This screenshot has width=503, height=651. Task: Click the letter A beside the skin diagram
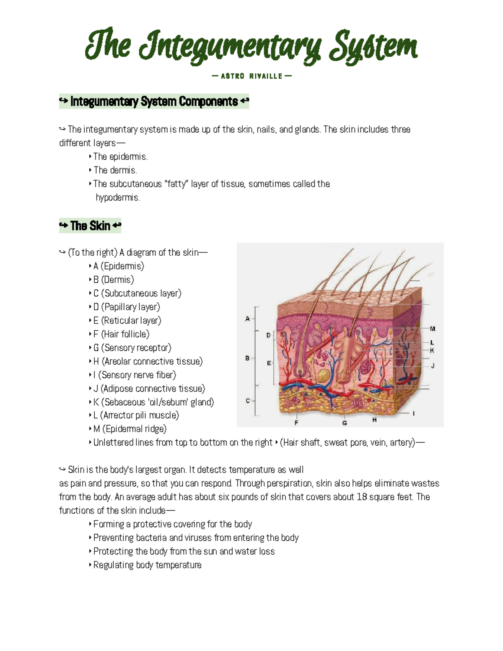point(247,319)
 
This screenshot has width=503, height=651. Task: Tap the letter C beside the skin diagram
point(248,401)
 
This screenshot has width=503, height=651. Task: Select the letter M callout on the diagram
point(433,329)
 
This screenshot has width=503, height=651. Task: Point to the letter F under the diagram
point(296,423)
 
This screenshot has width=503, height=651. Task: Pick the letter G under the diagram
point(345,423)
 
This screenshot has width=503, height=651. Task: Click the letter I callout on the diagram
point(414,414)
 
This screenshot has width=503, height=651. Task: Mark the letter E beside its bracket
point(269,363)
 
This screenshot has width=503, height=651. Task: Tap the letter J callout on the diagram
point(433,366)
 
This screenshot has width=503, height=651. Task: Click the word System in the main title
point(373,47)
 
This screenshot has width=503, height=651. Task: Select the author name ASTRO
point(232,76)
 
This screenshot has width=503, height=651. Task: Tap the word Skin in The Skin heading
point(90,226)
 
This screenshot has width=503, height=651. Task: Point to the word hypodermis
point(117,197)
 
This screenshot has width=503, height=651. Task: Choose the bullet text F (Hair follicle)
point(121,334)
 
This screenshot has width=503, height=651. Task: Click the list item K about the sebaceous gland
point(153,402)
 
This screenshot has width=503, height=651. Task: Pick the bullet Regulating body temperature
point(147,565)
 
